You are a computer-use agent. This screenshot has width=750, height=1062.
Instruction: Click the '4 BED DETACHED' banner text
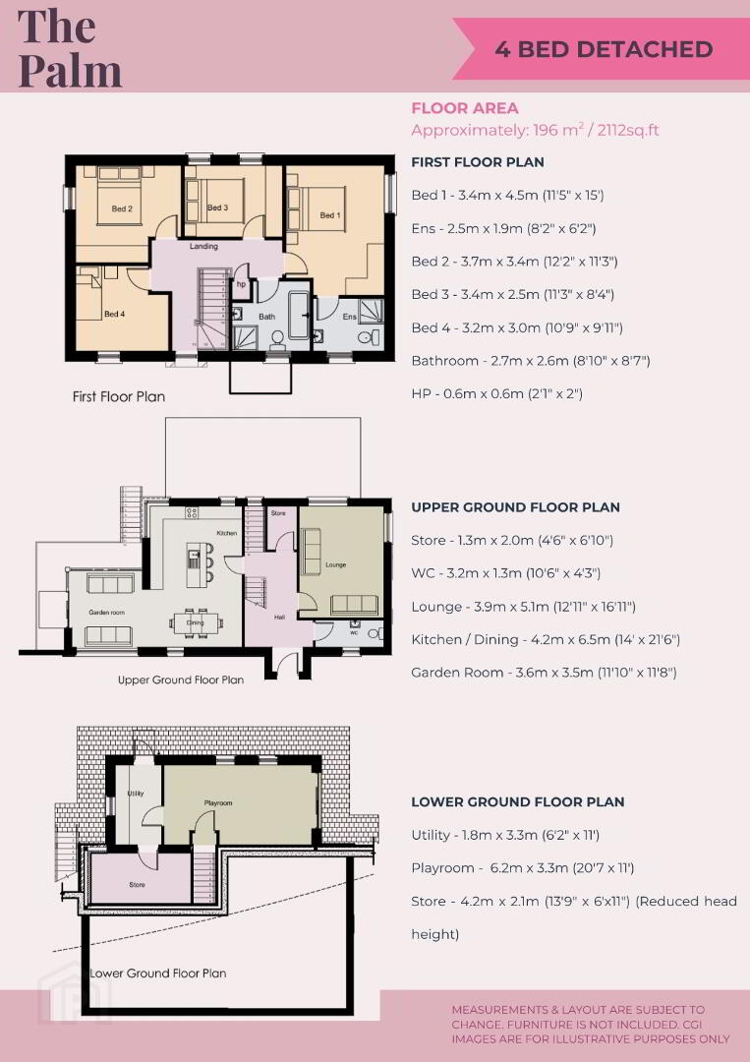[604, 49]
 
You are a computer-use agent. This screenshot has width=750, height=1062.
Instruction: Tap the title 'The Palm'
[70, 48]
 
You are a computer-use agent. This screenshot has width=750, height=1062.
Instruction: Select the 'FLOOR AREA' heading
[465, 108]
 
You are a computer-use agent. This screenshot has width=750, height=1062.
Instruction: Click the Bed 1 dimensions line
[507, 195]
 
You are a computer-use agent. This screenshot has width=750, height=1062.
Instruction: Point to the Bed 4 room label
[114, 314]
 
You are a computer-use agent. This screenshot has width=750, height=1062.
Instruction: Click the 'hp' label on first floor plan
[241, 284]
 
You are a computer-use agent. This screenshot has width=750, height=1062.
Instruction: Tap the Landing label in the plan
[203, 246]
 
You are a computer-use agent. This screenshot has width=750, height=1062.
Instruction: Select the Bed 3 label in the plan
[217, 207]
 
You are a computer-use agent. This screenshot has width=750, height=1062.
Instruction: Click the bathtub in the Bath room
[299, 315]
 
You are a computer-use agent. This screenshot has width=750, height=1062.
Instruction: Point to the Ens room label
[349, 317]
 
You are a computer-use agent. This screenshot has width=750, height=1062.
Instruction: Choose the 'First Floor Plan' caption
[119, 397]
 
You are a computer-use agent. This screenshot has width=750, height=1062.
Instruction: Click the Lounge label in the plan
[336, 564]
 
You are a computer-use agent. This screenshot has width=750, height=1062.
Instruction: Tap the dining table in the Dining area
[195, 623]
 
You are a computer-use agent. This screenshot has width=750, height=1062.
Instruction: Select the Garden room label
[107, 613]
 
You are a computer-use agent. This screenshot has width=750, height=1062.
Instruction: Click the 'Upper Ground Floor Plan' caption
[181, 679]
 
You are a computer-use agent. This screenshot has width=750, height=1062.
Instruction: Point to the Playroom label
[218, 802]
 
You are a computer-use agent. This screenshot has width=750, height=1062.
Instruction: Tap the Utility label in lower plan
[136, 794]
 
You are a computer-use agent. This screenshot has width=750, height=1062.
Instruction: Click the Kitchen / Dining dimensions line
[546, 639]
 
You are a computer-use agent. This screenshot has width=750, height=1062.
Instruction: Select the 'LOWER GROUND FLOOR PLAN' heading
[518, 802]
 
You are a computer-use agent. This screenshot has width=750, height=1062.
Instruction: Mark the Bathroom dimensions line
[531, 361]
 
